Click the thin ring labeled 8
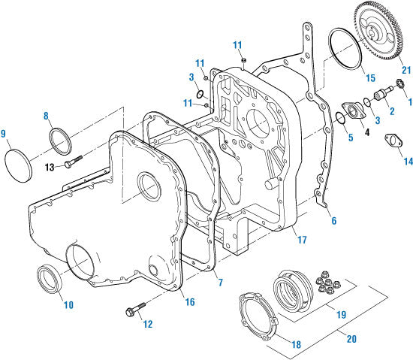tap(59, 141)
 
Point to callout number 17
tap(303, 241)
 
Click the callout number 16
tap(190, 301)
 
